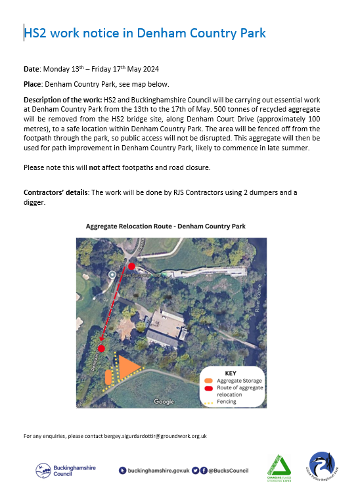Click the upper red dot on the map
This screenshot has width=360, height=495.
(x=131, y=266)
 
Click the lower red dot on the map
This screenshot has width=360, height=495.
(x=102, y=349)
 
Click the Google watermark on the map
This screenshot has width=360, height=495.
(x=164, y=401)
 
